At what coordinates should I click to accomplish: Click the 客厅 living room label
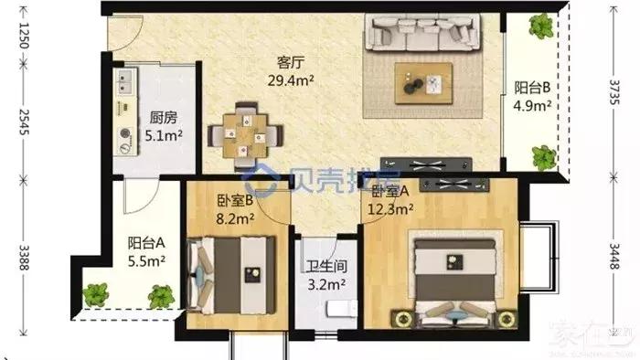pyautogui.click(x=291, y=63)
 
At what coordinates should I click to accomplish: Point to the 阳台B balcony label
pyautogui.click(x=530, y=89)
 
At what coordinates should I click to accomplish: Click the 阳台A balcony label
pyautogui.click(x=146, y=243)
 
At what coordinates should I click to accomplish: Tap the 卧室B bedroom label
pyautogui.click(x=235, y=202)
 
